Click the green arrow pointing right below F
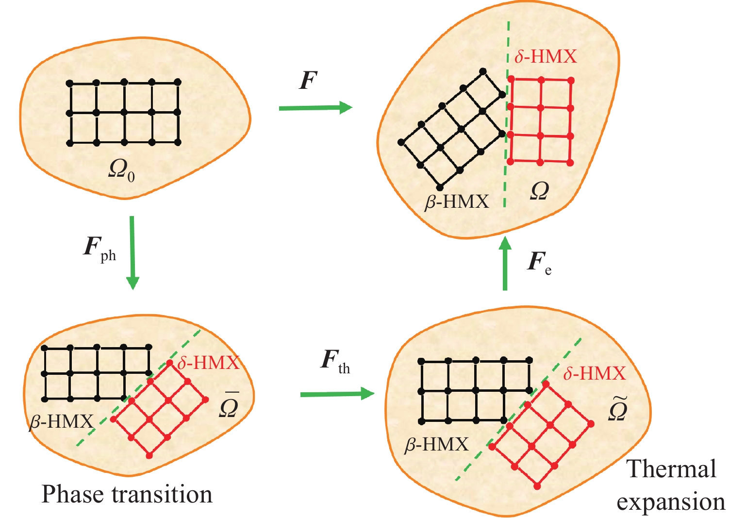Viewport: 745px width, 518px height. pos(315,108)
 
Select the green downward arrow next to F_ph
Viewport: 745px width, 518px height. pos(132,253)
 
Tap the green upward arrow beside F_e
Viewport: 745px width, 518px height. pos(505,263)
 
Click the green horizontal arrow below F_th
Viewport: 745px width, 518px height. pos(337,394)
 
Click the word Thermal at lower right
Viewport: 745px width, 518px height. pos(671,468)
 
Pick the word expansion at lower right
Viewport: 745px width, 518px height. pos(671,502)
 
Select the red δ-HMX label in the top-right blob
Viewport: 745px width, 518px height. pos(546,56)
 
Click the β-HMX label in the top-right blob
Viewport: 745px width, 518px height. pos(457,201)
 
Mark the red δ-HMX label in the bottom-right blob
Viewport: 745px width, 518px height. pos(595,373)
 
